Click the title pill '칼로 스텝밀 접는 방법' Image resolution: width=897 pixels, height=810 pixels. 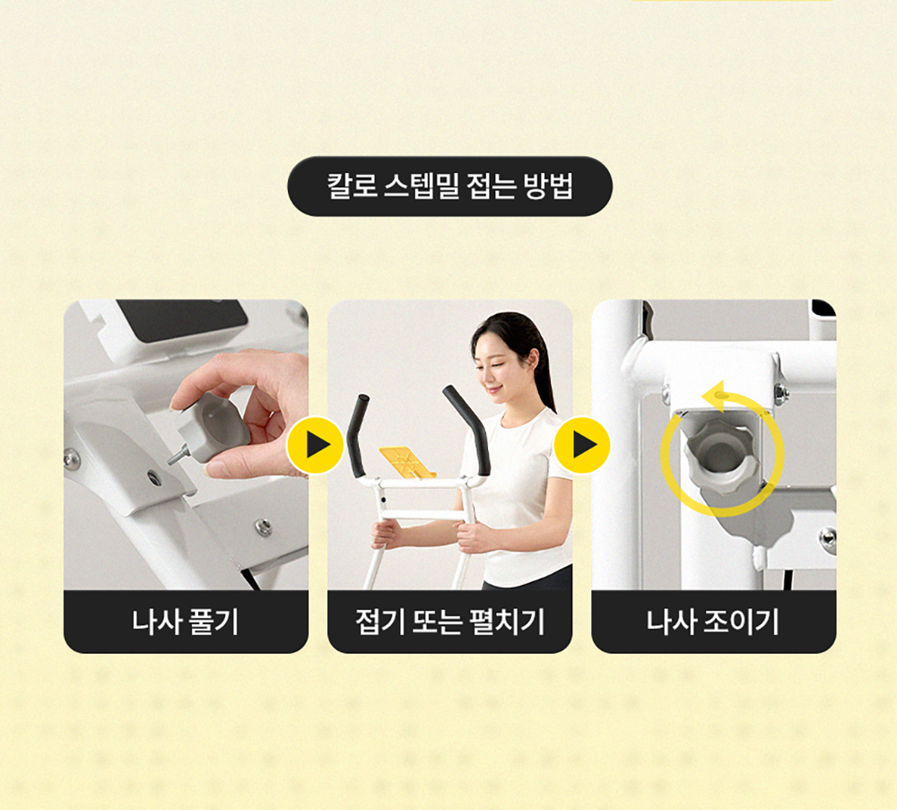[x=449, y=187]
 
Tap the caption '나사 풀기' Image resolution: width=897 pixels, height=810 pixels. [x=186, y=622]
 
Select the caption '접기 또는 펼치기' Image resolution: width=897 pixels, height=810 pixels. [x=449, y=622]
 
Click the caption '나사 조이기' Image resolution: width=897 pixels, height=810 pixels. [x=713, y=622]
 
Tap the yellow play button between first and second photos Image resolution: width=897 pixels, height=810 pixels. [x=315, y=445]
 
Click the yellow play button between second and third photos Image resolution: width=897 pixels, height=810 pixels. [x=582, y=445]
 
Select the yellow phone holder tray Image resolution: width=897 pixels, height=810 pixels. [x=408, y=462]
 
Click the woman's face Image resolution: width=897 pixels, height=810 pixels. [x=499, y=363]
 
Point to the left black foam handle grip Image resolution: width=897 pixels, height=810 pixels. [x=359, y=435]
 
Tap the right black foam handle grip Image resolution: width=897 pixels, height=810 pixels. [x=467, y=429]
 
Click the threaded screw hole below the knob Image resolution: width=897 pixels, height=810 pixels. [x=152, y=477]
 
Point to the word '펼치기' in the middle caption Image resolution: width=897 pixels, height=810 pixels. [x=507, y=622]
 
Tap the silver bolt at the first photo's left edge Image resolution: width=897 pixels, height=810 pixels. [x=71, y=457]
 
